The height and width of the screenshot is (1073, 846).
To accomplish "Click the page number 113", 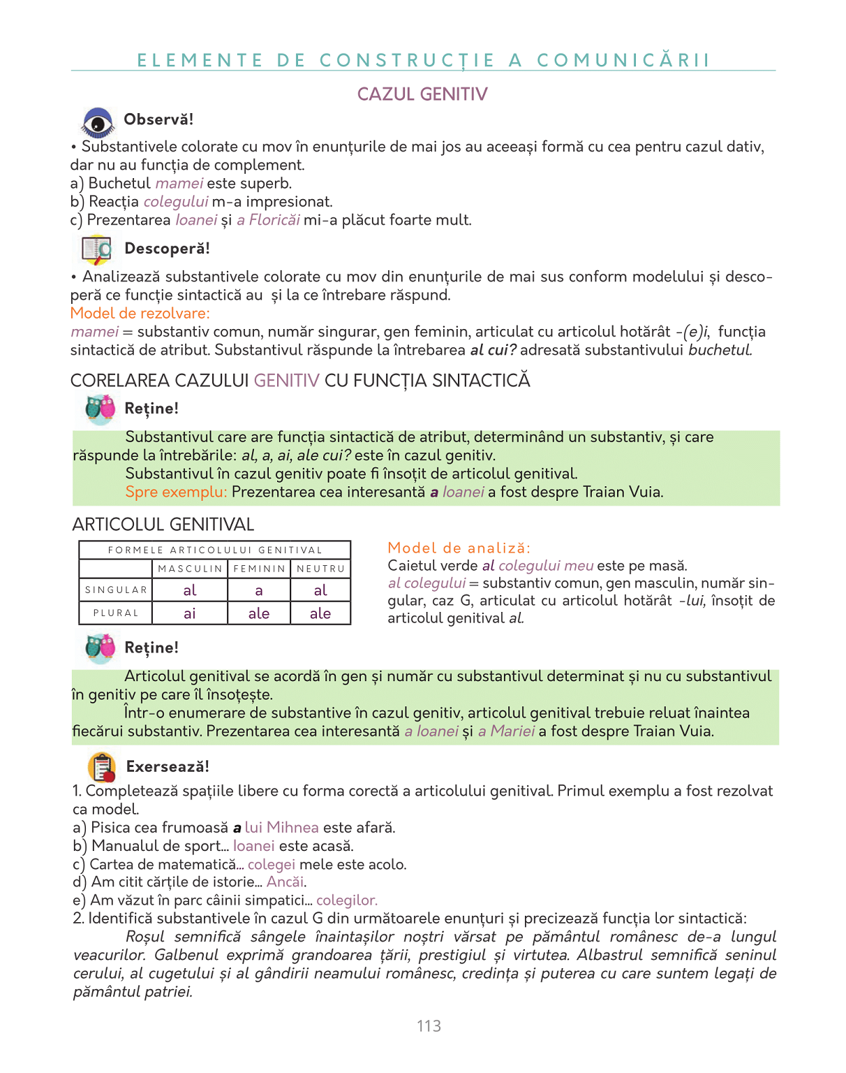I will coord(429,1025).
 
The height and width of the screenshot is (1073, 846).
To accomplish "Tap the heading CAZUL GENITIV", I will coord(422,94).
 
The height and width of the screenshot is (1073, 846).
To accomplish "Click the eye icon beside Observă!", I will coord(98,123).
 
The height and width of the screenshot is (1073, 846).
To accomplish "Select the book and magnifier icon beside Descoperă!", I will coord(96,249).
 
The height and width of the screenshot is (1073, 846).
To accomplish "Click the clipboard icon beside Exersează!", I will coord(102,767).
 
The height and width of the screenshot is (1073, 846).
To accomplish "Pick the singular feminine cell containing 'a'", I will coord(259,591).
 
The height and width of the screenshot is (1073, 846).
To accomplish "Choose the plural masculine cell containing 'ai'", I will coord(190,614).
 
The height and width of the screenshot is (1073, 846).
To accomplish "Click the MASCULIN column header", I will coord(190,569).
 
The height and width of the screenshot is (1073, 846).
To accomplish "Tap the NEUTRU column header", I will coord(320,569).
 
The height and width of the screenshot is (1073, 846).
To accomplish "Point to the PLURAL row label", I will coord(116,613).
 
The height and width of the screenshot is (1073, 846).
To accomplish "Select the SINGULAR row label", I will coord(116,590).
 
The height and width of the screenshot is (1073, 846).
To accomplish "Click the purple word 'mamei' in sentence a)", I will coord(179,184).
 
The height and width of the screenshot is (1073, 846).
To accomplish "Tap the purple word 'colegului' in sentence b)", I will coord(176,202).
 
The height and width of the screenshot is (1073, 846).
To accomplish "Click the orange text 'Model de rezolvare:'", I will coord(140,314).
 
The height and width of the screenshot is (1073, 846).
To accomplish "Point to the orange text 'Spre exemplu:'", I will coord(176,492).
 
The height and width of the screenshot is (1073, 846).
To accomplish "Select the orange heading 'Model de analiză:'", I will coord(459,548).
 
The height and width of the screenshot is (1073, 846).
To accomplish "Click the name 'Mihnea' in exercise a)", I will coord(292,828).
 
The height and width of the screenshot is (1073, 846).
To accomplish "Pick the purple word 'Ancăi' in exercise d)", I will coord(285,882).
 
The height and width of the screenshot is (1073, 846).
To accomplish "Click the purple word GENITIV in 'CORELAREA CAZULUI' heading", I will coord(286,381).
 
